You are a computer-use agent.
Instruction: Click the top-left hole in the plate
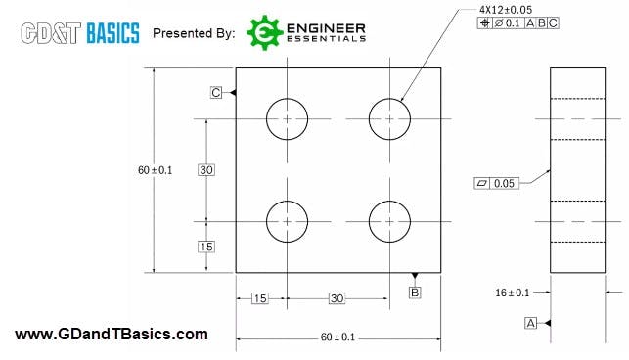[x=288, y=119]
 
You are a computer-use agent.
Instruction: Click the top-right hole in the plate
[x=390, y=119]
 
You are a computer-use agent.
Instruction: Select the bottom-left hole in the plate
[x=288, y=221]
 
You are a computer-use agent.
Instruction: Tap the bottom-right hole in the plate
[x=390, y=221]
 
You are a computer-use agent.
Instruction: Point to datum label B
[x=415, y=292]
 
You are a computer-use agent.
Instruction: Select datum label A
[x=531, y=322]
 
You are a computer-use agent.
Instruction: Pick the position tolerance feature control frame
[x=518, y=23]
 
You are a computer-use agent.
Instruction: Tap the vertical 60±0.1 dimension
[x=155, y=170]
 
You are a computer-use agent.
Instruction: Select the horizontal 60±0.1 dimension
[x=337, y=337]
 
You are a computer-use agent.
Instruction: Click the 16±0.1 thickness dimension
[x=513, y=292]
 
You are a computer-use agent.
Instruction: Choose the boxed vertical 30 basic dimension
[x=206, y=170]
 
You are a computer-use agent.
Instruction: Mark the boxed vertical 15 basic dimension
[x=206, y=247]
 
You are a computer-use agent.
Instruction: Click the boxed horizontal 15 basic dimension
[x=259, y=298]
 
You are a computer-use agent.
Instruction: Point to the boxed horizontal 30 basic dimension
[x=337, y=298]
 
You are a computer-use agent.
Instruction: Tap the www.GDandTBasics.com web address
[x=112, y=335]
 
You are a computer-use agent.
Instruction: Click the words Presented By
[x=194, y=33]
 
